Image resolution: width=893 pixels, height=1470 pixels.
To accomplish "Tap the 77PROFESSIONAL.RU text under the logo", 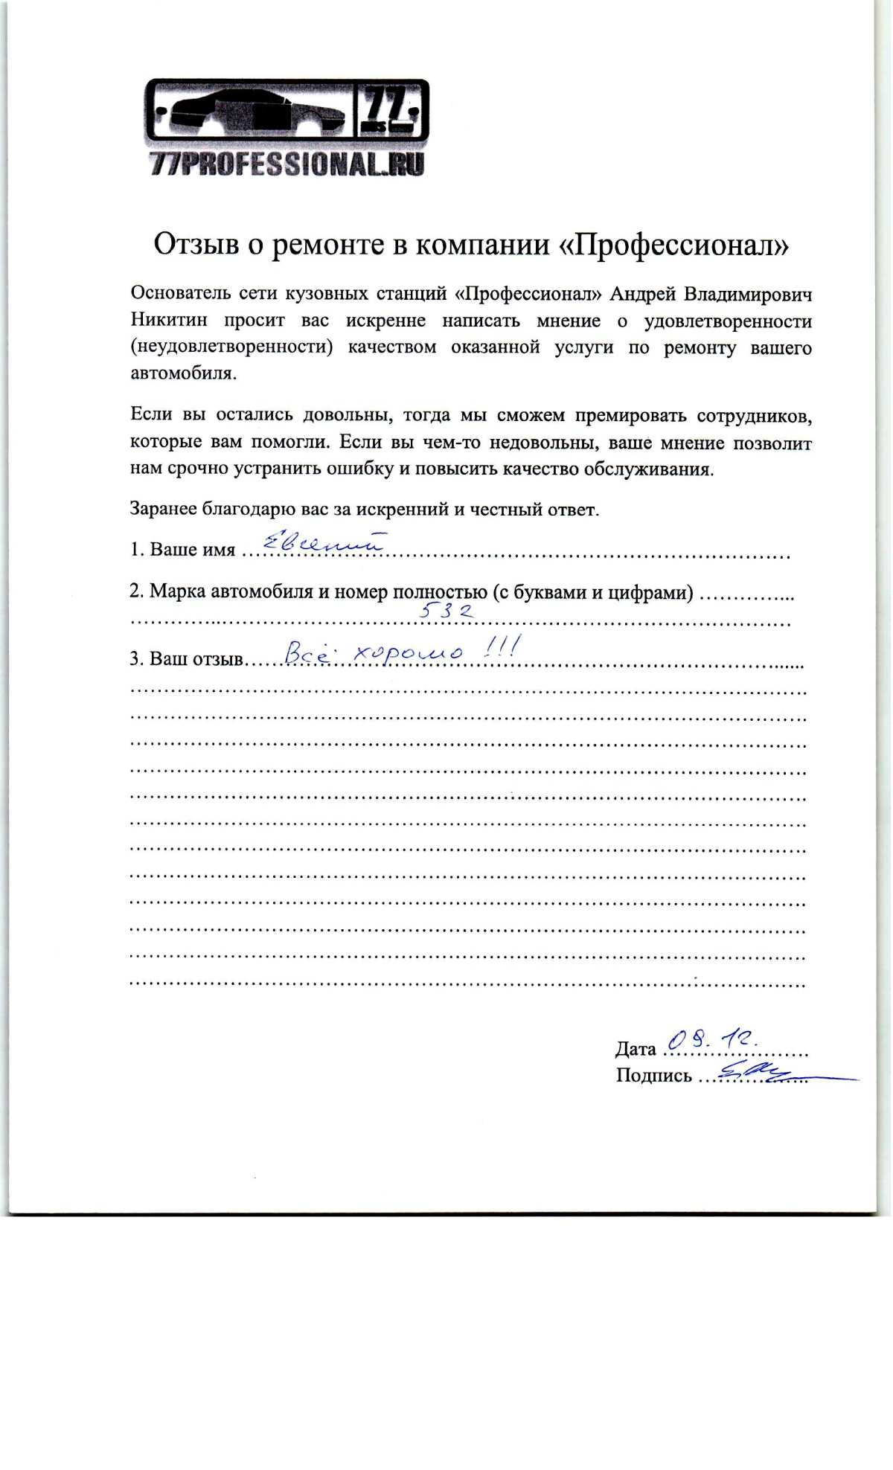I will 287,164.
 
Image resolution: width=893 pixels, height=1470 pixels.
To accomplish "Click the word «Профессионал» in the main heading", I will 673,245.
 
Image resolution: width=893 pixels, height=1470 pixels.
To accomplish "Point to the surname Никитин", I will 169,321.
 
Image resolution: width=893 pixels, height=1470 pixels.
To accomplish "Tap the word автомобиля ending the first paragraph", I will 183,373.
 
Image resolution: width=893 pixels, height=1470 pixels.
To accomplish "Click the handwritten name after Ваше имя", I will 323,544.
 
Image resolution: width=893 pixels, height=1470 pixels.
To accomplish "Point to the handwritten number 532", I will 446,611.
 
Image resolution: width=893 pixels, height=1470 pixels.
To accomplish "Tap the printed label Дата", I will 636,1049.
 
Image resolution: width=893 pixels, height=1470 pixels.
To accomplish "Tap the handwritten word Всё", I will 307,654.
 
